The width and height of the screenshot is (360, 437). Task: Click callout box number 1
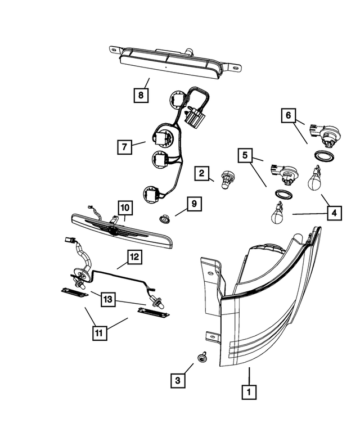(248, 391)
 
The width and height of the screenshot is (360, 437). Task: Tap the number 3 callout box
(178, 381)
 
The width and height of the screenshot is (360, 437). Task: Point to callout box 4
(334, 213)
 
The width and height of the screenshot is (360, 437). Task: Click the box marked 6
(288, 115)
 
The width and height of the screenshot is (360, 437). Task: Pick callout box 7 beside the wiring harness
(125, 147)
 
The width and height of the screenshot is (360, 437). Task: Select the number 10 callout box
(124, 208)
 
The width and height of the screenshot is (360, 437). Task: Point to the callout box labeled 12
(134, 258)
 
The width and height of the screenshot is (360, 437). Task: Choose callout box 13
(109, 299)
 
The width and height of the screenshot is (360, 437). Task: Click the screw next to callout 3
(201, 357)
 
